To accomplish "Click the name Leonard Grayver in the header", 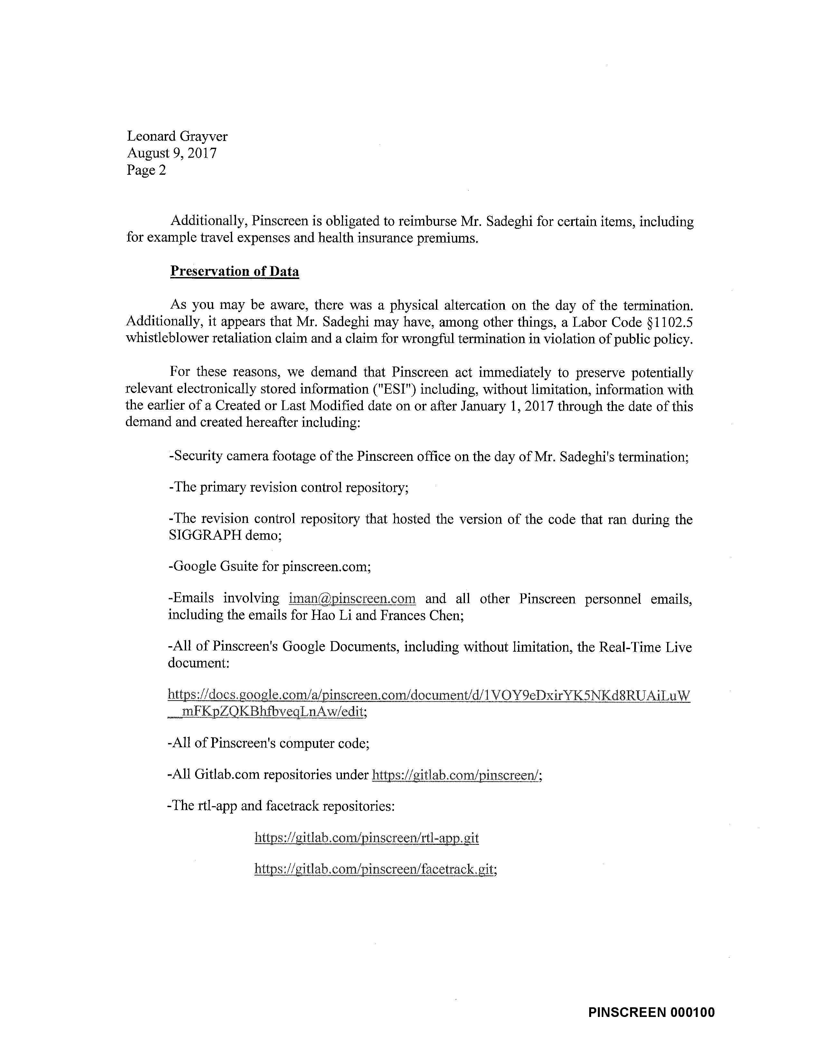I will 177,137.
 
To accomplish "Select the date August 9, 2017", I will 172,153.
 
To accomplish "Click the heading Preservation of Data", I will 234,271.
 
